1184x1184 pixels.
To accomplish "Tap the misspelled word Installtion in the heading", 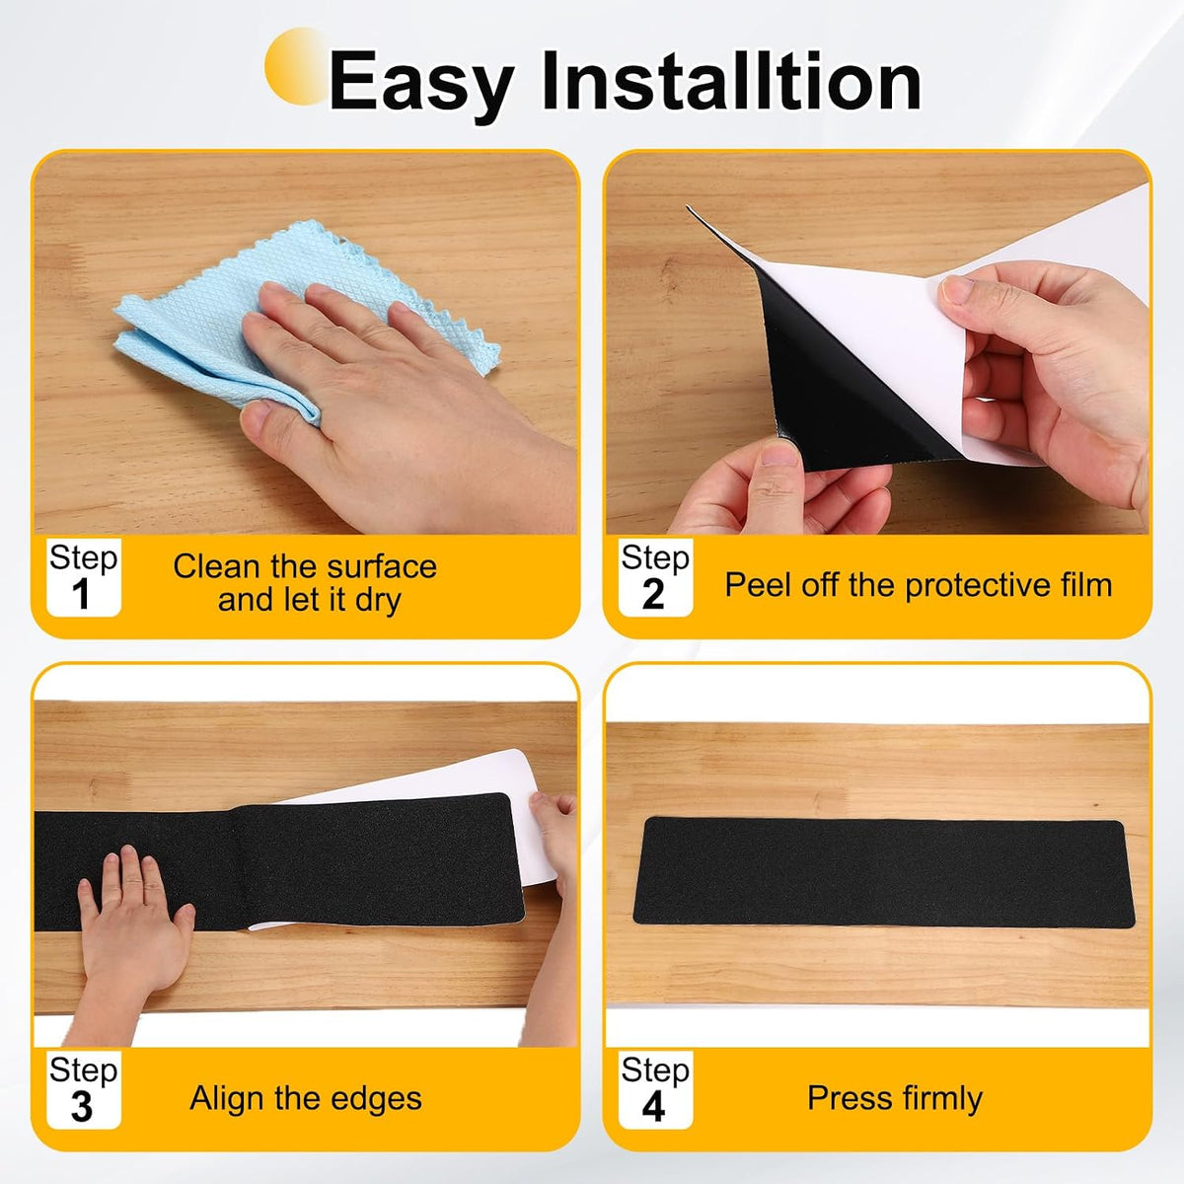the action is point(731,80).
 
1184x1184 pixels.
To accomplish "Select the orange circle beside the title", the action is point(295,66).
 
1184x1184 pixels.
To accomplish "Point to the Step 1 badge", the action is point(84,577).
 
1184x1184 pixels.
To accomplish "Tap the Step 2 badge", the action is point(655,577).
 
